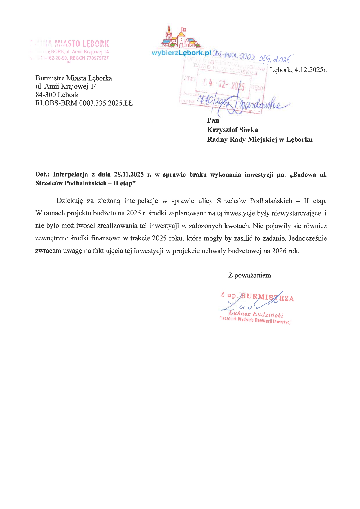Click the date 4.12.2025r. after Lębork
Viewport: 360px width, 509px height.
click(310, 70)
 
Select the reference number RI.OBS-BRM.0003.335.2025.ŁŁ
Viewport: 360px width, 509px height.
click(84, 103)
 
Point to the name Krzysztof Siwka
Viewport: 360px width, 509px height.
click(232, 130)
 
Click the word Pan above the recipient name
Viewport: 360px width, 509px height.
click(213, 120)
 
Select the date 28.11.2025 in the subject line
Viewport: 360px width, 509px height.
click(129, 175)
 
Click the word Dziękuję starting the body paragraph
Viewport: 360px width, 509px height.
click(70, 201)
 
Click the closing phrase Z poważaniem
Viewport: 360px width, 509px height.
click(250, 275)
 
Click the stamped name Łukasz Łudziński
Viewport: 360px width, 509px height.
click(256, 314)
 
